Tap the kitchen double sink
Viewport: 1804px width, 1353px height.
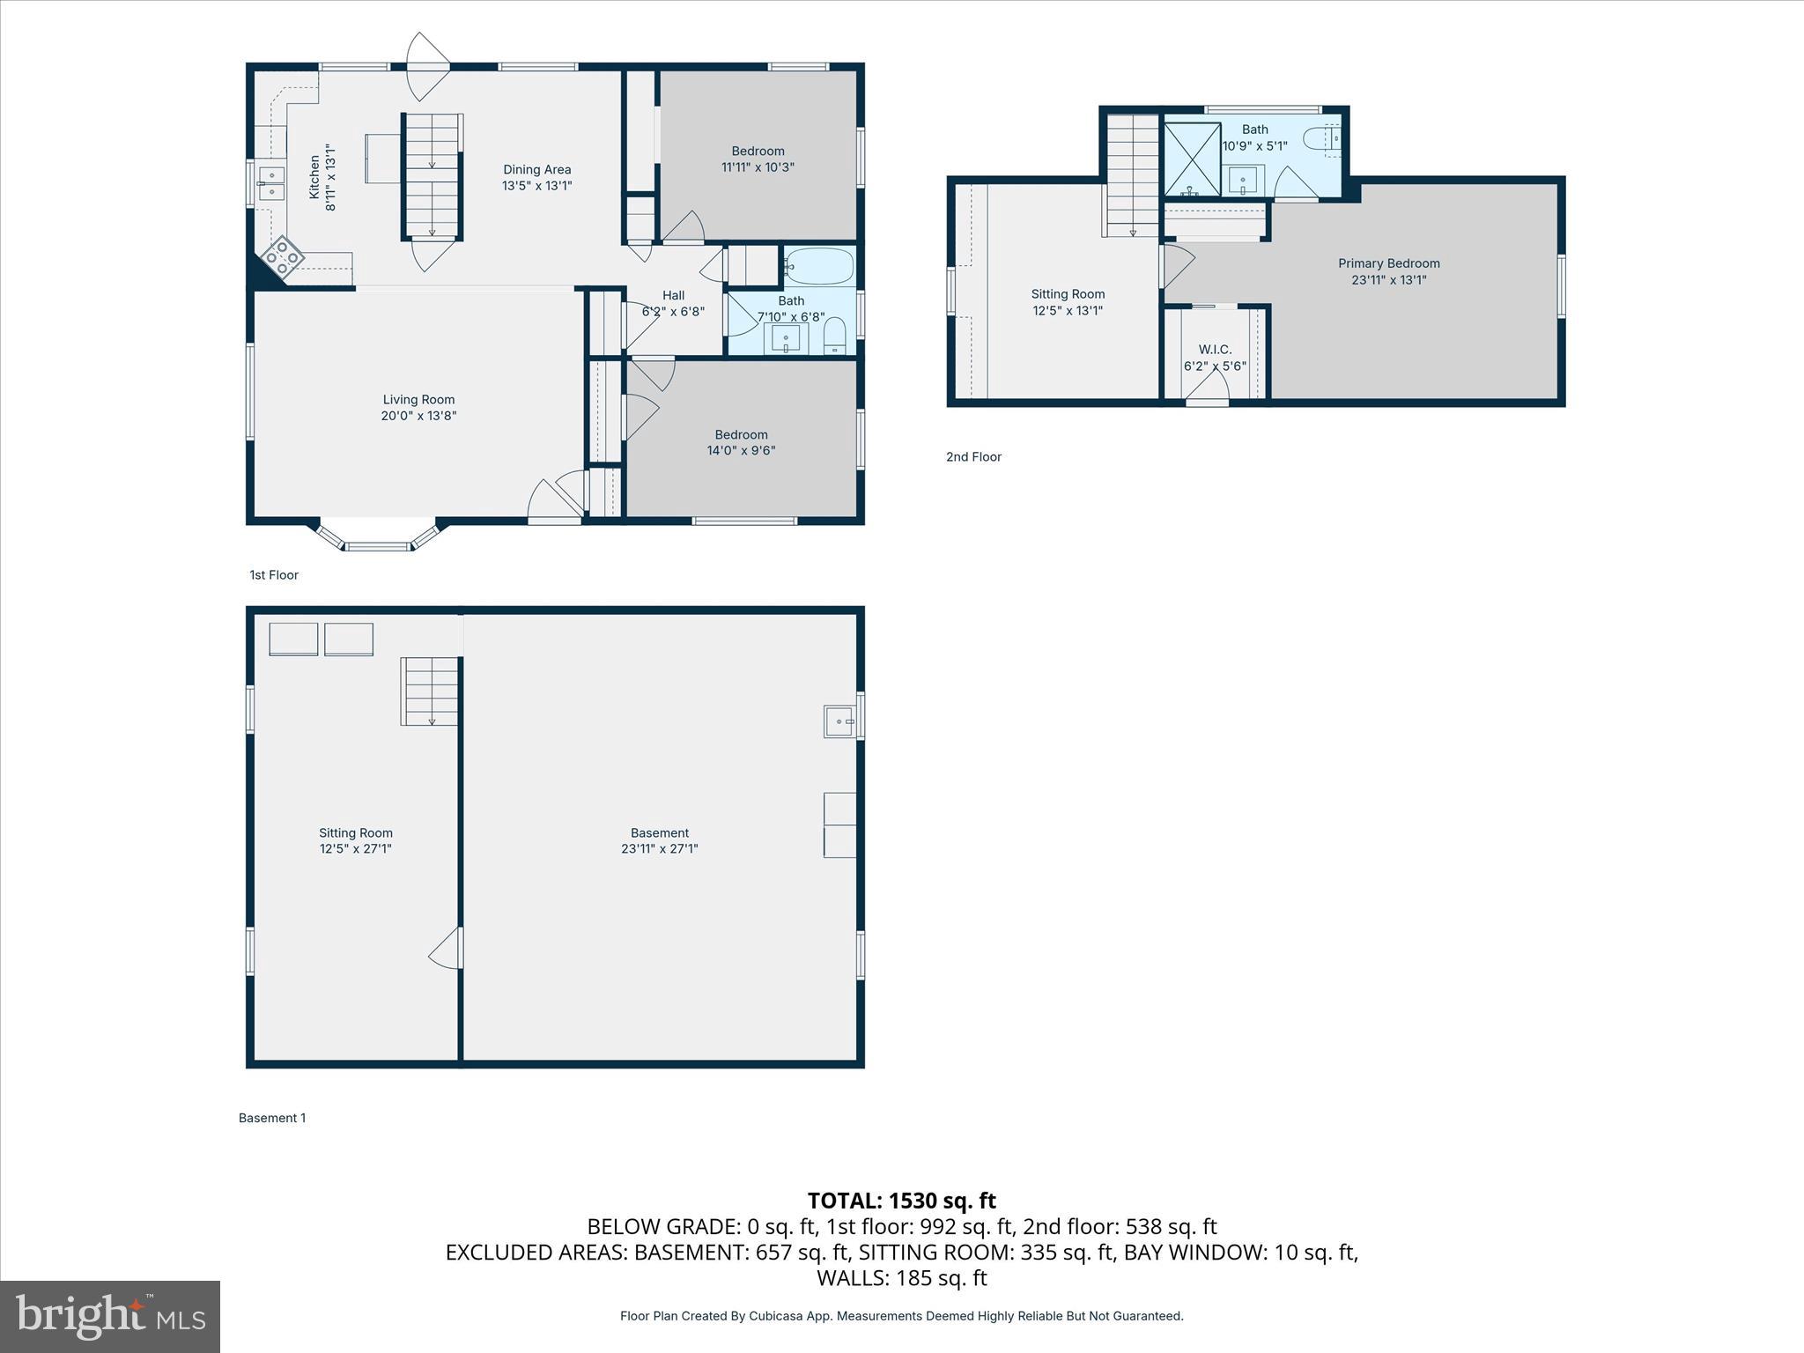[271, 183]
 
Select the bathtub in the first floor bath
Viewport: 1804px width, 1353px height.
[819, 266]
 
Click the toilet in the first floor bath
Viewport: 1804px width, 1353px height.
[834, 335]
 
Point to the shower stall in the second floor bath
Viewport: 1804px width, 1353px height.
[1191, 159]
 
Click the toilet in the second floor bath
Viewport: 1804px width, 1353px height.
[1322, 139]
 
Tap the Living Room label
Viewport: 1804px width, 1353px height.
[418, 399]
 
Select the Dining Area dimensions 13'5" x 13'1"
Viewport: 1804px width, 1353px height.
[536, 186]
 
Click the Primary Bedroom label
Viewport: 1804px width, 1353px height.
[1388, 263]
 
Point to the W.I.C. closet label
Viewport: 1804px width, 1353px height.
[1215, 350]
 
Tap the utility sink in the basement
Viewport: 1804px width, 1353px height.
[839, 721]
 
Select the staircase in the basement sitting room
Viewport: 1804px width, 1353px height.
[430, 691]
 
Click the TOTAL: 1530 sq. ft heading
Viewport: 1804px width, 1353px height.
[901, 1201]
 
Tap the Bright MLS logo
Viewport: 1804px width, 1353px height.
[110, 1316]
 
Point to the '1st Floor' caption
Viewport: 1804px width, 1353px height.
[274, 575]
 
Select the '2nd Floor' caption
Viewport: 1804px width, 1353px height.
[973, 456]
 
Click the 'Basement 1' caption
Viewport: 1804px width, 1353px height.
[272, 1118]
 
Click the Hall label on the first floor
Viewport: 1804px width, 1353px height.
[673, 295]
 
